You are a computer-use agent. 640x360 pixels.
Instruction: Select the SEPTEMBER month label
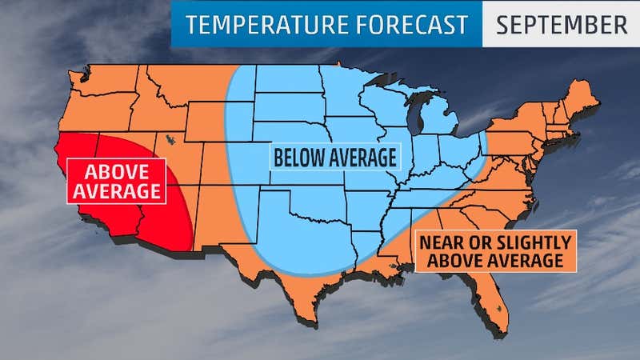tap(561, 24)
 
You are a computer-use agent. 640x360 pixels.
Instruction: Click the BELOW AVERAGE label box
tap(334, 158)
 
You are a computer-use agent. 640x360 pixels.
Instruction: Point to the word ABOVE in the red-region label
tap(115, 172)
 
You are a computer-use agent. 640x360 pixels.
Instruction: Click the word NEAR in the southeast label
tap(438, 242)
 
